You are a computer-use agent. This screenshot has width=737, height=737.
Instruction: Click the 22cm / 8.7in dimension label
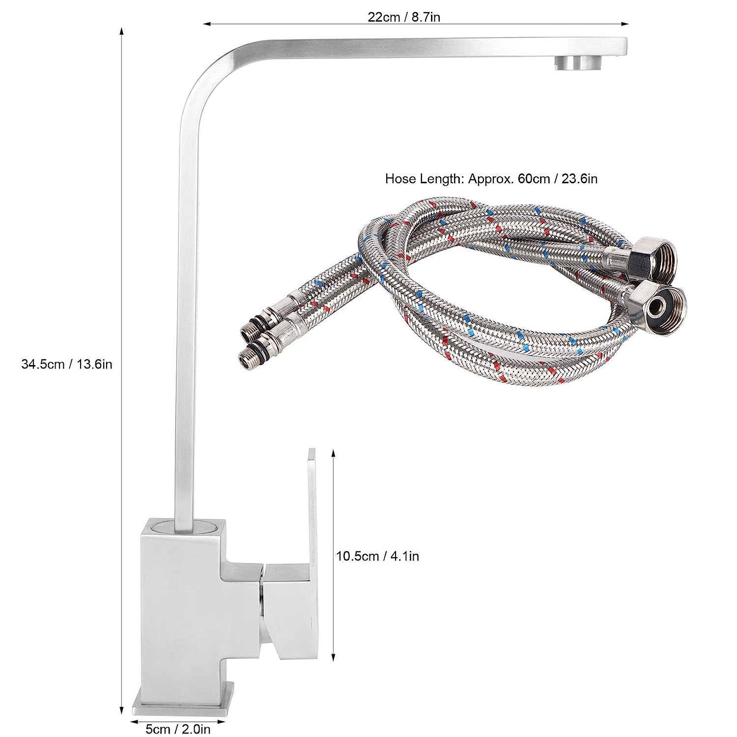(x=404, y=17)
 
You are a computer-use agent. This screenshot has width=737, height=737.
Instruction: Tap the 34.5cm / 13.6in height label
(x=67, y=364)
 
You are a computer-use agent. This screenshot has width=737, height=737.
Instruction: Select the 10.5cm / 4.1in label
(x=378, y=556)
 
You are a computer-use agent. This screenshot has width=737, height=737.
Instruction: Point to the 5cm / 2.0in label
(x=178, y=729)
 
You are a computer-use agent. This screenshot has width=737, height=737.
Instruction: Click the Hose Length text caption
(x=491, y=178)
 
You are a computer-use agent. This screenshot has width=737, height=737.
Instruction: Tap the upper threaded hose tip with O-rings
(x=253, y=331)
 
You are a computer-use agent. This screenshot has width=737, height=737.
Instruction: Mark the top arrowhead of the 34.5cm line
(x=122, y=30)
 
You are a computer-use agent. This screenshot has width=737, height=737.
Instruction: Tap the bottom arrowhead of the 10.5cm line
(x=334, y=658)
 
